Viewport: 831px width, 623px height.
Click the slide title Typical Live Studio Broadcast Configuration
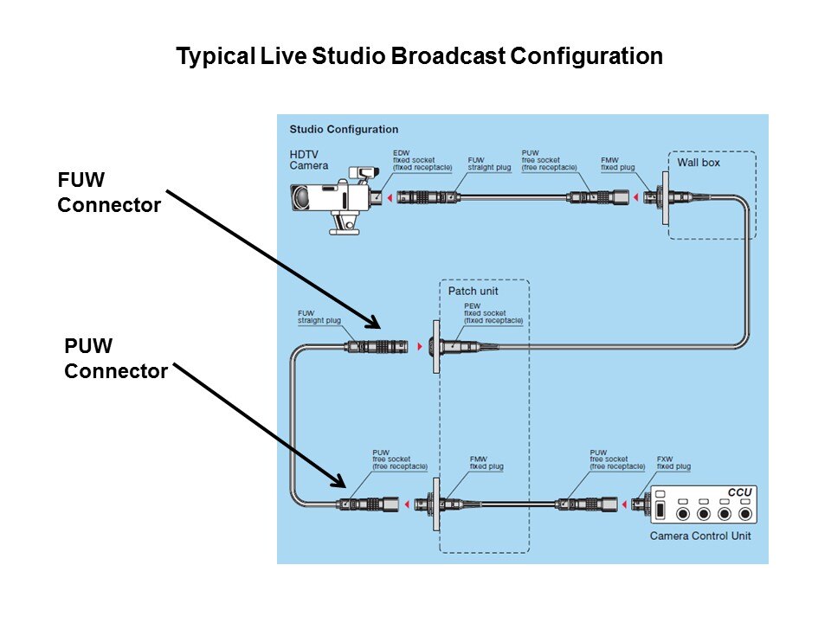pyautogui.click(x=419, y=57)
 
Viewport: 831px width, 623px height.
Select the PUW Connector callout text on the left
pyautogui.click(x=116, y=359)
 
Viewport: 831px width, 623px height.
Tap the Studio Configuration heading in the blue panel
pyautogui.click(x=344, y=130)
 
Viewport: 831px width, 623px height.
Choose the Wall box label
pyautogui.click(x=698, y=163)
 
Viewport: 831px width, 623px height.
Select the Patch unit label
pyautogui.click(x=473, y=292)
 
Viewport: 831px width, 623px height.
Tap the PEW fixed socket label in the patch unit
pyautogui.click(x=493, y=312)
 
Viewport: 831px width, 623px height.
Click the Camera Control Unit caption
pyautogui.click(x=700, y=536)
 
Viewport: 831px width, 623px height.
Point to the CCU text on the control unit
pyautogui.click(x=739, y=493)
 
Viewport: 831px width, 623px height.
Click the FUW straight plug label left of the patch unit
pyautogui.click(x=319, y=316)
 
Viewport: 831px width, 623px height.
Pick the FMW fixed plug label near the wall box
pyautogui.click(x=618, y=164)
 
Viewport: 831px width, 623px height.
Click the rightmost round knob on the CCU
pyautogui.click(x=744, y=514)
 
